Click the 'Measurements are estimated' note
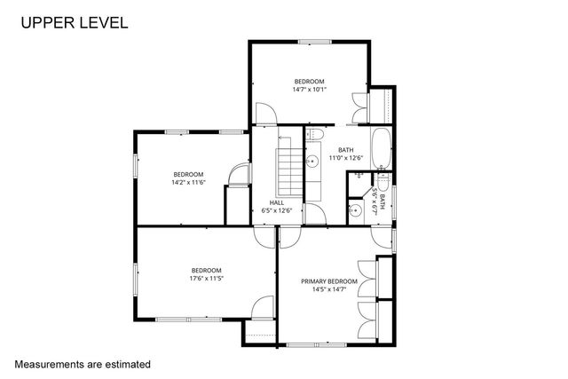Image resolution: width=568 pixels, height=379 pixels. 83,364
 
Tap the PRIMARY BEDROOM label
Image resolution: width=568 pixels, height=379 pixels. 328,281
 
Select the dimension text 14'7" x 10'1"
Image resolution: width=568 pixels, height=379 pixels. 310,89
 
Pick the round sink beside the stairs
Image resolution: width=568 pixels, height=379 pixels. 312,162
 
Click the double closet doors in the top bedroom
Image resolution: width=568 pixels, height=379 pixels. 359,107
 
